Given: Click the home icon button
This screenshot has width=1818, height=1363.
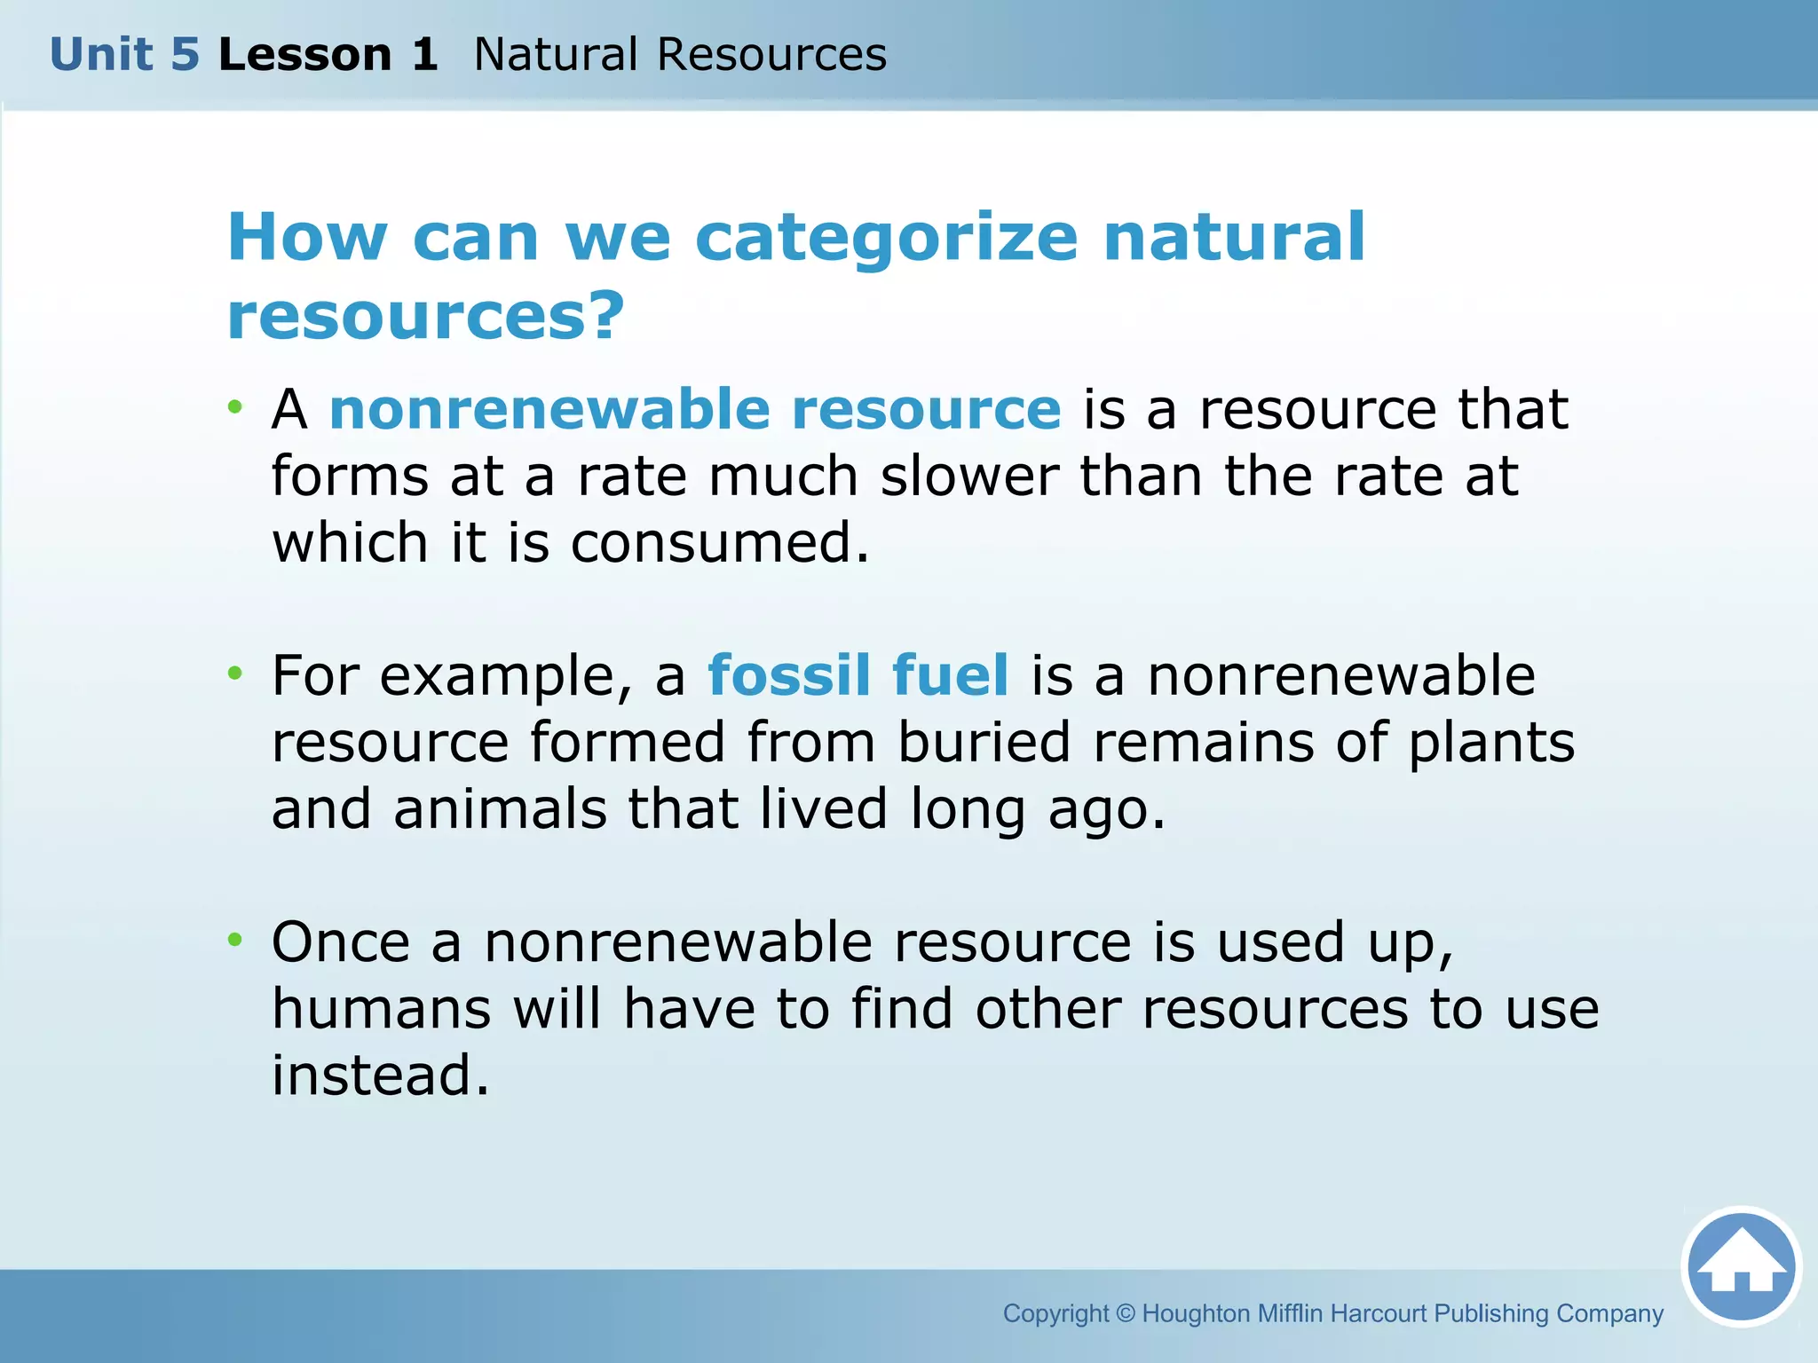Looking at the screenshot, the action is (1741, 1267).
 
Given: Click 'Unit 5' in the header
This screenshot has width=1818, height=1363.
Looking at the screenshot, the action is (124, 55).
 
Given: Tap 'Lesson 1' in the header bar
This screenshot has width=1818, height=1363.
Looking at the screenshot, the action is (328, 55).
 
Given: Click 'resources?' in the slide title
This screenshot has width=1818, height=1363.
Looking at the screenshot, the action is (426, 316).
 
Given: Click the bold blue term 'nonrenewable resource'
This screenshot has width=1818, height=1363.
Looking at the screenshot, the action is (695, 409).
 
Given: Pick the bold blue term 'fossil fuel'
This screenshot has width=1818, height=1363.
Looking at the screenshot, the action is (858, 675).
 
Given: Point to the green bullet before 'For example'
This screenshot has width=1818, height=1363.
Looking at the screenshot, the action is (234, 674).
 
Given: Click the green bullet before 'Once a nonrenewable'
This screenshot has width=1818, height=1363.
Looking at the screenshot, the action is (234, 940).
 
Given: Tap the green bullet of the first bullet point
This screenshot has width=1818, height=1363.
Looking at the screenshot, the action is (234, 408).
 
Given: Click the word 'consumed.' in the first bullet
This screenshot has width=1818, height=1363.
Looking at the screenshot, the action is (719, 543).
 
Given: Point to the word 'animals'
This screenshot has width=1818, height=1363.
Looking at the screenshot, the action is (500, 809).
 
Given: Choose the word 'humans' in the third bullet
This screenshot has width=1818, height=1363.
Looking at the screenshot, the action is (381, 1009).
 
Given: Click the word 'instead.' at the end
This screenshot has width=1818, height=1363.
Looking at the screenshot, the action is (380, 1075).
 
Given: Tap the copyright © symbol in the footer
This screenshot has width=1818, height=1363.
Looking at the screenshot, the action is (1125, 1313).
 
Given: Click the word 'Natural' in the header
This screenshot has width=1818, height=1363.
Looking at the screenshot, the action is (556, 55).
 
